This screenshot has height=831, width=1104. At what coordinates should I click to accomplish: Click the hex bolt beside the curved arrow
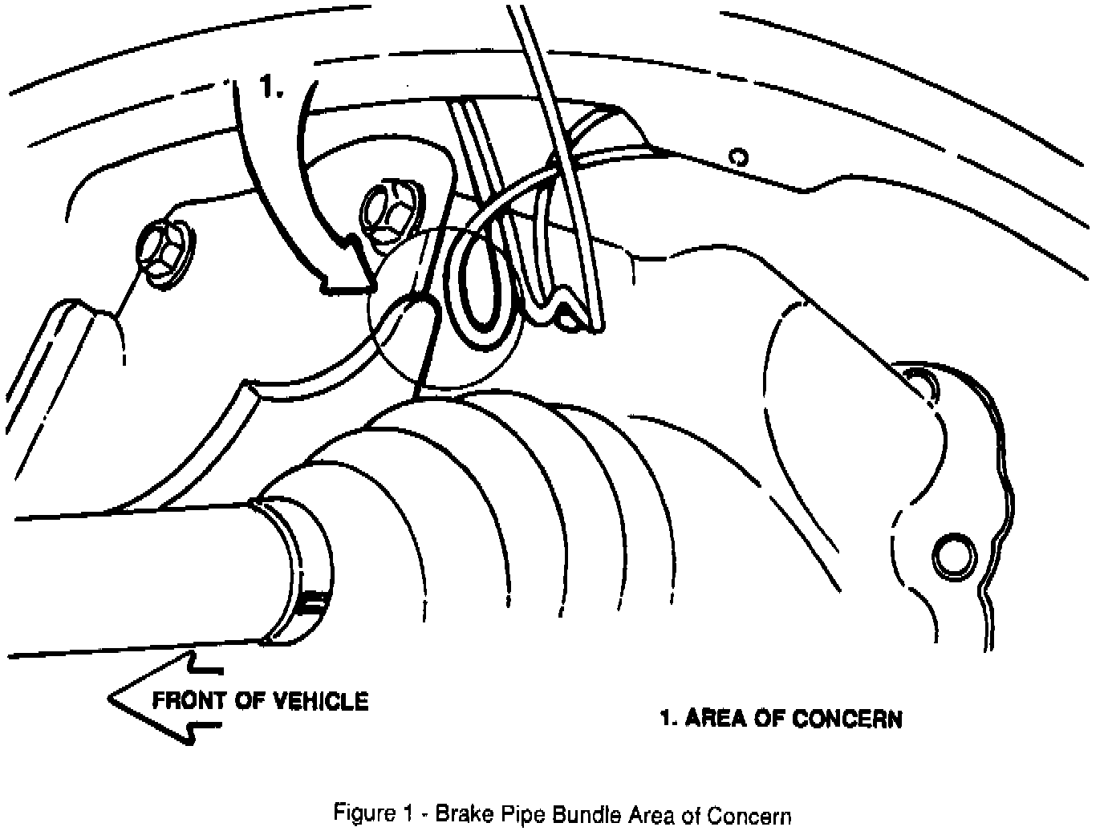point(387,210)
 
